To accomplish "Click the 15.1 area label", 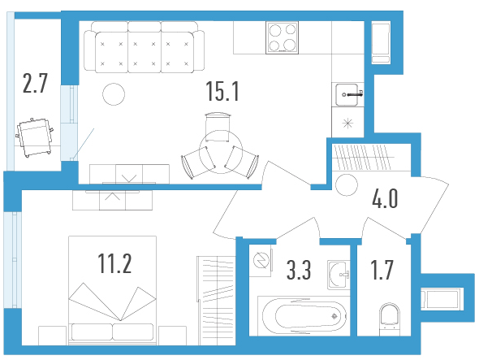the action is coord(222,91).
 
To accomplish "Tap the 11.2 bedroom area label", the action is coord(114,263).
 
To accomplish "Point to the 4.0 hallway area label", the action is coord(385,198).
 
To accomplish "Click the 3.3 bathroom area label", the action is coord(299,270).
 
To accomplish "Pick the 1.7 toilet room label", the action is coord(382,270).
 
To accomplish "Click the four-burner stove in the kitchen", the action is coord(282,38).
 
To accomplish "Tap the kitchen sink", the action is coord(348,94).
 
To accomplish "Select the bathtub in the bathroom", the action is coord(304,315).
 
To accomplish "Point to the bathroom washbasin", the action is coord(339,275).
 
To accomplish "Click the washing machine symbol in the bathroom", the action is coord(261,260).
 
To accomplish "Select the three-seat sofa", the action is coord(145,47).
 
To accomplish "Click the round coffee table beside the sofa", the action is coord(114,94).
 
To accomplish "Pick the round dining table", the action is coord(221,152).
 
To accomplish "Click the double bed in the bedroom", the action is coord(112,290).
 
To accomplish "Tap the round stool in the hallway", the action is coord(347,184).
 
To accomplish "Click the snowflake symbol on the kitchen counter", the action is coord(347,124).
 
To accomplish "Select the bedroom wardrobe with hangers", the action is coord(216,301).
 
